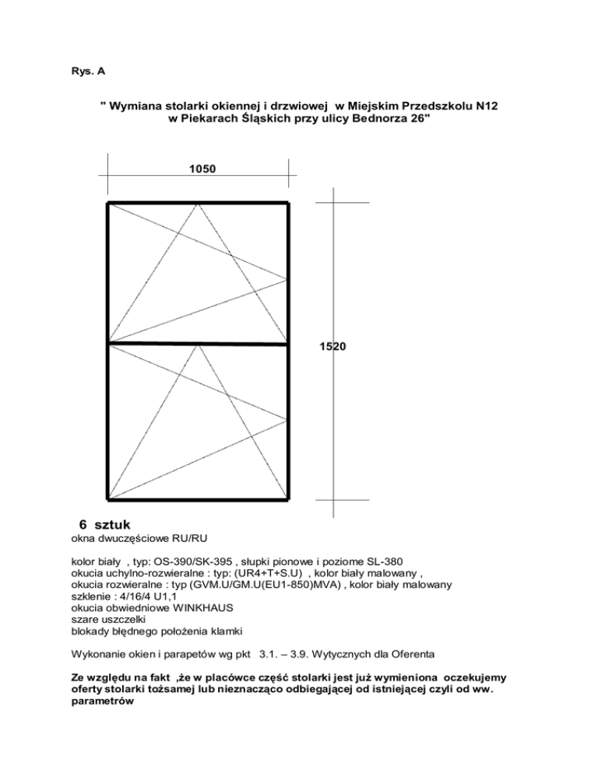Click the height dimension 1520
332,348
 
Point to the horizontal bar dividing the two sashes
198,342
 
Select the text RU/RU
192,538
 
